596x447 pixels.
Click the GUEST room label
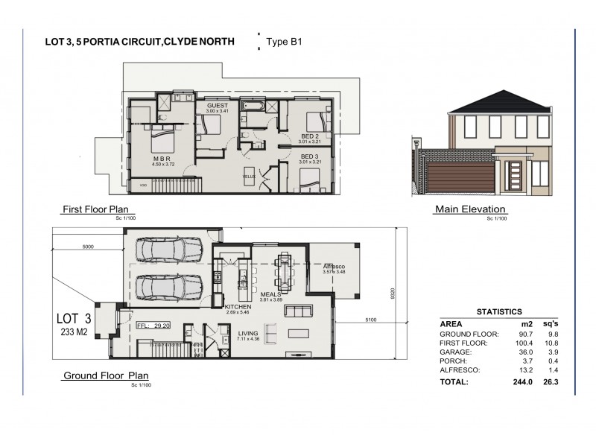217,106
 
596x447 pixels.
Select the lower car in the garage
170,287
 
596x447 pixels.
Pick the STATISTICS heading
498,312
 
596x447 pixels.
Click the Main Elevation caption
469,209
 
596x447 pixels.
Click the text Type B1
283,42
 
